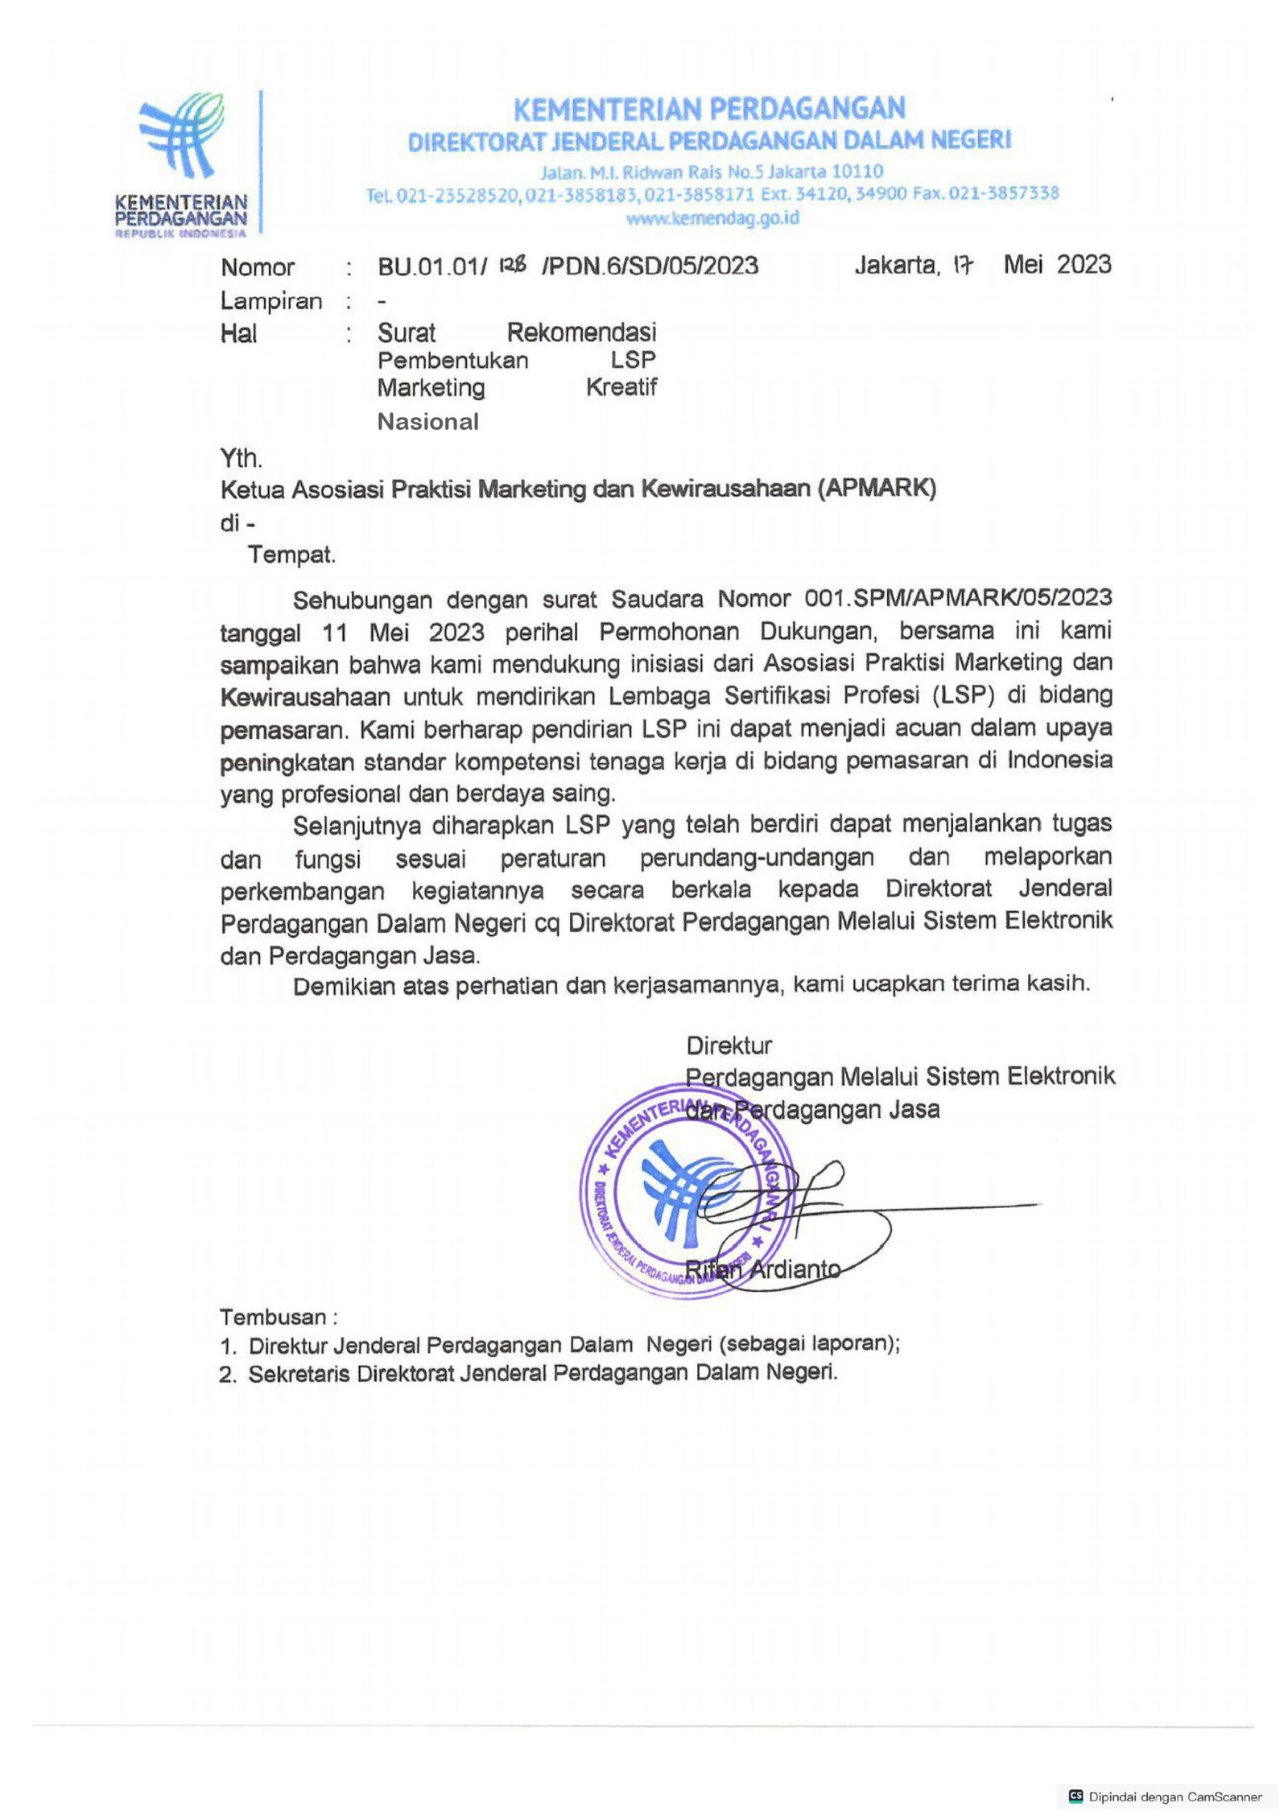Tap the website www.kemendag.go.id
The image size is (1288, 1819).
pyautogui.click(x=712, y=218)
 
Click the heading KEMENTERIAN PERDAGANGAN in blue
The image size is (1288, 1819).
pyautogui.click(x=709, y=108)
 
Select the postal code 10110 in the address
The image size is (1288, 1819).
pyautogui.click(x=861, y=171)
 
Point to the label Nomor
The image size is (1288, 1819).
pyautogui.click(x=258, y=267)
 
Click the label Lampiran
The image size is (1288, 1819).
pyautogui.click(x=271, y=301)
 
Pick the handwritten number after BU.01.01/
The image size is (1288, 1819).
pyautogui.click(x=513, y=264)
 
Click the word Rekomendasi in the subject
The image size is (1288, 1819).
pyautogui.click(x=581, y=332)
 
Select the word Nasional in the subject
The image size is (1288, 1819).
pyautogui.click(x=427, y=421)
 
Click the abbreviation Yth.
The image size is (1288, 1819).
pyautogui.click(x=242, y=458)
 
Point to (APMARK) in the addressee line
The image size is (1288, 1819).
pyautogui.click(x=877, y=489)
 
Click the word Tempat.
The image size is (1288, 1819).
pyautogui.click(x=291, y=555)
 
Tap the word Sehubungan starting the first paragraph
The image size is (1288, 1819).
pyautogui.click(x=364, y=600)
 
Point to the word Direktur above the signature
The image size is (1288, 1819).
pyautogui.click(x=729, y=1046)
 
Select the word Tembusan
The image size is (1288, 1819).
pyautogui.click(x=273, y=1318)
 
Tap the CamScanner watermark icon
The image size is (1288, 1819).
pyautogui.click(x=1075, y=1796)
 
